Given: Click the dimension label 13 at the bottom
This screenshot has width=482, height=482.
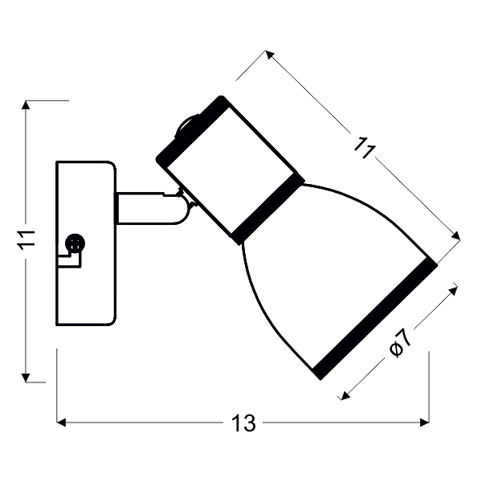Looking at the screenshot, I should pos(243,423).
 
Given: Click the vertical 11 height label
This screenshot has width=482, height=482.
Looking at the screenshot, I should pos(27,239).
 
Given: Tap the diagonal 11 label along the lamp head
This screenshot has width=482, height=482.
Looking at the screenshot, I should pos(364,149).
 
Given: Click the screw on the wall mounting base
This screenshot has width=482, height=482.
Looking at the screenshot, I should pos(75,243).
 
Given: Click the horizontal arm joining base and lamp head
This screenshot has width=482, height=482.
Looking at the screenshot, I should pos(145,208).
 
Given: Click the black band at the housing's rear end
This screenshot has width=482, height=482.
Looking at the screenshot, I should pos(191,130).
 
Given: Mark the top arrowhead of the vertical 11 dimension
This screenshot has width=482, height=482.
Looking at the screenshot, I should pos(28,105).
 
